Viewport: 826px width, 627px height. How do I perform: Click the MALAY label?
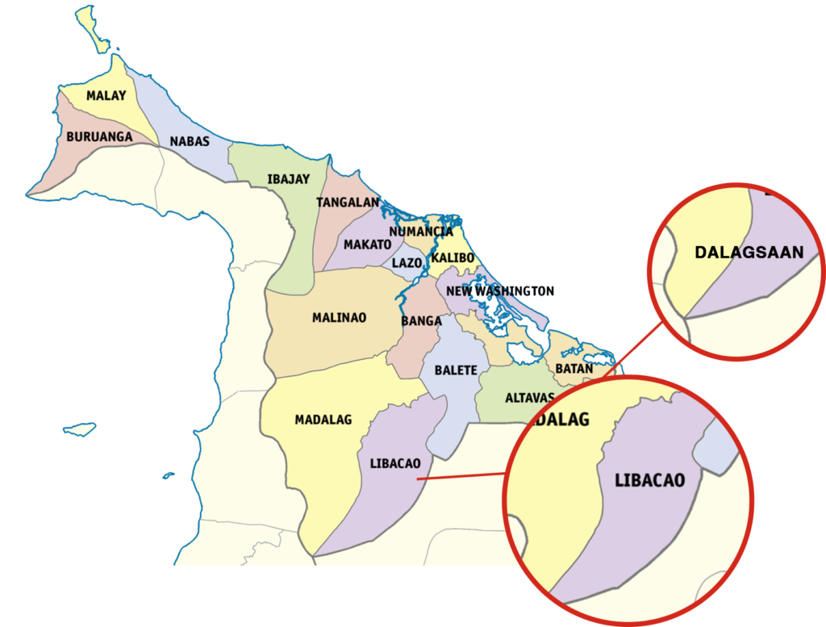pyautogui.click(x=106, y=96)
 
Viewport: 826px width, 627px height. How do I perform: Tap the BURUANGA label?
pyautogui.click(x=99, y=137)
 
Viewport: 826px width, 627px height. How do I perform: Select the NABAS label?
pyautogui.click(x=190, y=142)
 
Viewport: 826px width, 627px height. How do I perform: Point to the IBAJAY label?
pyautogui.click(x=288, y=179)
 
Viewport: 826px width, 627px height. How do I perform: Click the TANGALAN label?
pyautogui.click(x=348, y=203)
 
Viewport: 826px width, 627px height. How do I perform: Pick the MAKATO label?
pyautogui.click(x=367, y=245)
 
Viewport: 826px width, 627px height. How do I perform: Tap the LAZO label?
pyautogui.click(x=407, y=263)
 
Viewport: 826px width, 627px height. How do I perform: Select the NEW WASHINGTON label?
pyautogui.click(x=500, y=291)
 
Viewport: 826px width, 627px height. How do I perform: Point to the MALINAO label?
pyautogui.click(x=339, y=318)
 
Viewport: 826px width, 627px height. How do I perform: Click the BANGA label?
pyautogui.click(x=421, y=321)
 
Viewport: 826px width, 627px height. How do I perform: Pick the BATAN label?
pyautogui.click(x=574, y=369)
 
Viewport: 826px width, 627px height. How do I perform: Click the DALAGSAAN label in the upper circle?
pyautogui.click(x=749, y=253)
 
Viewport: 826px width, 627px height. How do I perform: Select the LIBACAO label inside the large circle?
pyautogui.click(x=649, y=481)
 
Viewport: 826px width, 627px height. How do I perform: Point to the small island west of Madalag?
pyautogui.click(x=79, y=428)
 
